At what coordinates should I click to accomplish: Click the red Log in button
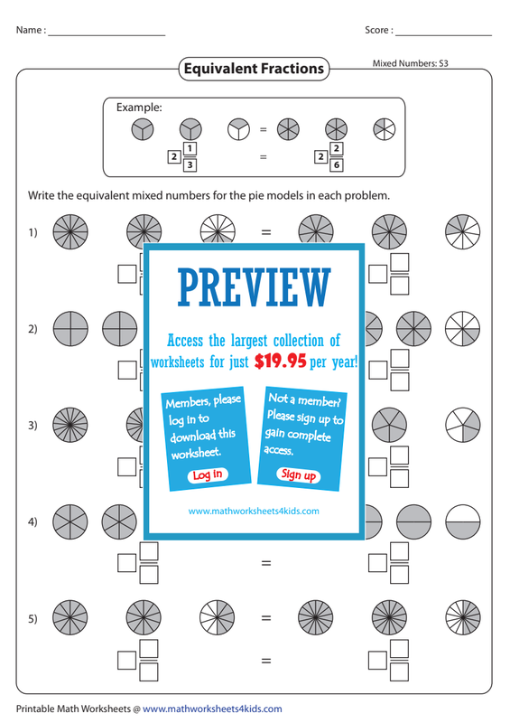click(208, 475)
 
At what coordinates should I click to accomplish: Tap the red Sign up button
click(298, 474)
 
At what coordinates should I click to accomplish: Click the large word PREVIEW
click(254, 286)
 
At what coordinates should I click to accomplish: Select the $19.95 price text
click(280, 361)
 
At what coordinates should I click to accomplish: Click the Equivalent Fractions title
click(254, 69)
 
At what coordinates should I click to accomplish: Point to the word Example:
click(139, 108)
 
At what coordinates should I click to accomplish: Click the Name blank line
click(107, 35)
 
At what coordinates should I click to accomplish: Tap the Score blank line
click(444, 35)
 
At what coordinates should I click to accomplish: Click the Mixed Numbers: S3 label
click(410, 63)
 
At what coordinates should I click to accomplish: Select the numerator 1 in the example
click(190, 149)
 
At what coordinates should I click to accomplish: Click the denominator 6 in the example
click(337, 164)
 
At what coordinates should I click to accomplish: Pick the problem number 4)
click(32, 521)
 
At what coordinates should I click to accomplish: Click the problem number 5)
click(32, 618)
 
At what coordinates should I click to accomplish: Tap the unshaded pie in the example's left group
click(238, 129)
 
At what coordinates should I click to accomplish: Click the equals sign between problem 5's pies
click(266, 618)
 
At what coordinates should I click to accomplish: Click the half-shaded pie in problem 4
click(463, 522)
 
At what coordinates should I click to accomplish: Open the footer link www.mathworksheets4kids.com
click(212, 709)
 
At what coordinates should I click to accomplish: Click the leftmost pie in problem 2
click(70, 329)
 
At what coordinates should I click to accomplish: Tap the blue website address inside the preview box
click(254, 511)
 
